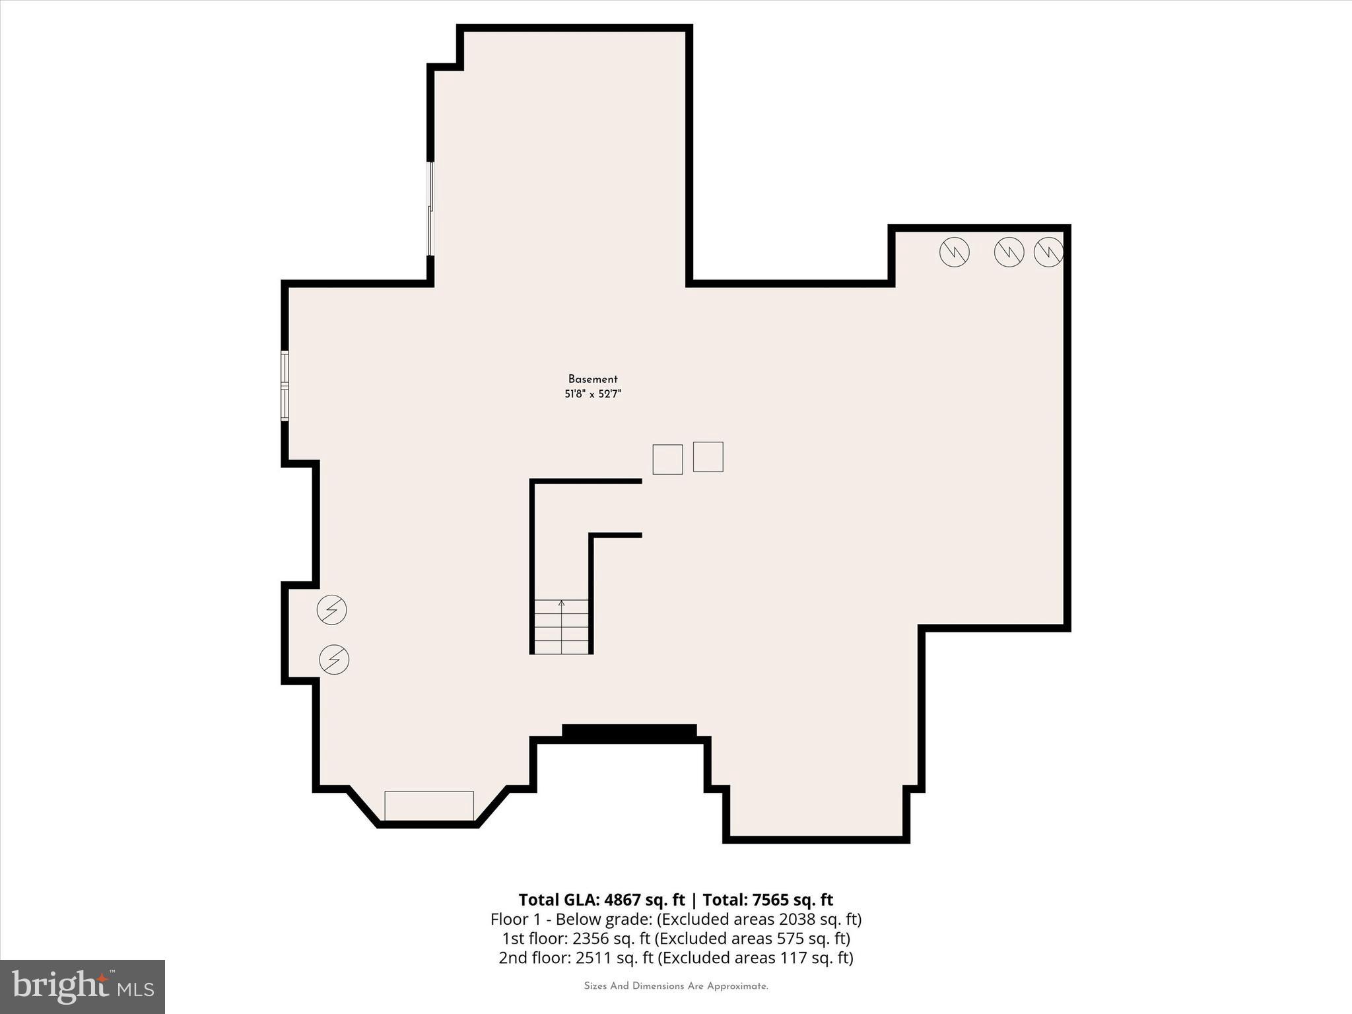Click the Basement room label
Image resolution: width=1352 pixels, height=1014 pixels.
pos(593,379)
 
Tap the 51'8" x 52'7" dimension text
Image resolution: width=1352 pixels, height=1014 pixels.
pos(593,394)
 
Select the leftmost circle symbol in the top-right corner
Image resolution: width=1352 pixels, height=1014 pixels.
pos(954,252)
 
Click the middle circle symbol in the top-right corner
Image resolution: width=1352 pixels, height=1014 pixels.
pos(1009,252)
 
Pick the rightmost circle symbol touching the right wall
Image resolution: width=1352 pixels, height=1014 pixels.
pos(1048,252)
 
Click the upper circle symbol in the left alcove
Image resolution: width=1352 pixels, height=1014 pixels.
pos(331,609)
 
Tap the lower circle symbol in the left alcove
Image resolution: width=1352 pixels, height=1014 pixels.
pos(334,659)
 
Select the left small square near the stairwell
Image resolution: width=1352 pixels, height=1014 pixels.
pos(667,459)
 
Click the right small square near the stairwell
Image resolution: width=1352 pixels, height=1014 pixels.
pos(708,457)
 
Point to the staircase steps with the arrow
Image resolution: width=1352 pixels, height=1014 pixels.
pos(561,626)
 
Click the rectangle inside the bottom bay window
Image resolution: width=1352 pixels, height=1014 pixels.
pos(429,805)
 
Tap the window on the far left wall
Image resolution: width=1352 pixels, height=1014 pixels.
pos(285,386)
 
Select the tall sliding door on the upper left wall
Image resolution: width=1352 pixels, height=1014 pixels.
pos(430,209)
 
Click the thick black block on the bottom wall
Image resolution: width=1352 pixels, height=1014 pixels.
pos(629,731)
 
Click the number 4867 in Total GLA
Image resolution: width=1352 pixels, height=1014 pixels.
pos(623,900)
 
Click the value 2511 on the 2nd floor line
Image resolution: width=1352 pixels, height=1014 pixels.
pos(593,957)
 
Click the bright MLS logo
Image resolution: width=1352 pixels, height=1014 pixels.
pos(83,986)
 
